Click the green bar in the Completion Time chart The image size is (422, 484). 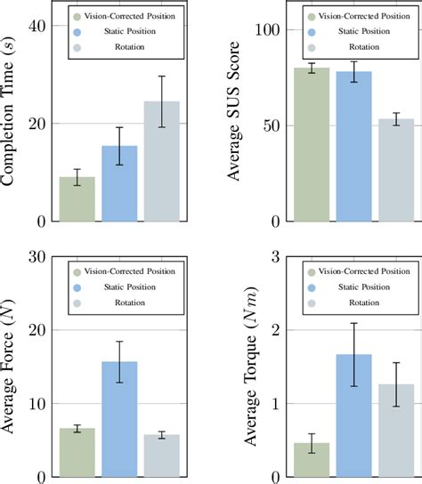point(77,198)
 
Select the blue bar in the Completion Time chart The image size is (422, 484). point(119,183)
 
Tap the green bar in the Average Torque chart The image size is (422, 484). point(312,459)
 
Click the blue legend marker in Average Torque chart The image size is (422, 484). point(312,286)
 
